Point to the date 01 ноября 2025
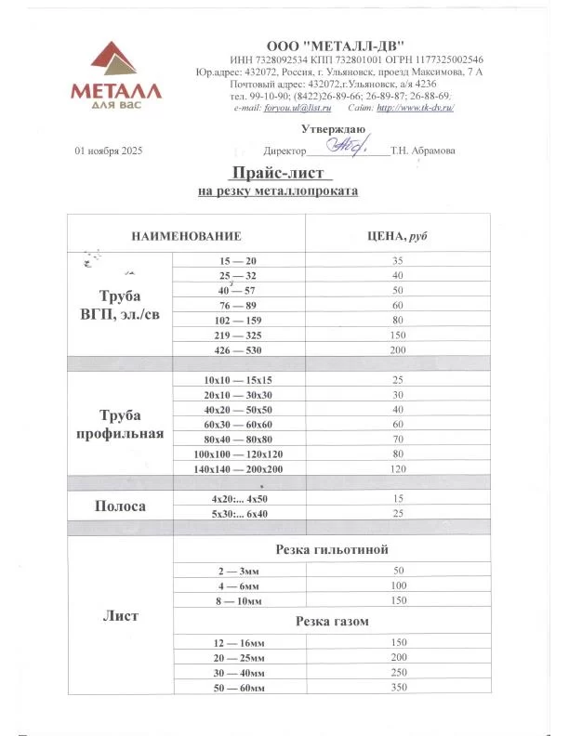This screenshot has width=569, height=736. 109,151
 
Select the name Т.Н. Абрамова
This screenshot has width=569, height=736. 423,151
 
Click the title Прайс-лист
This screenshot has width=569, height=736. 278,173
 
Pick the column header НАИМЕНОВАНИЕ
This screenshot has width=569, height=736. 186,237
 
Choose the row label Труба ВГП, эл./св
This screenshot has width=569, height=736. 120,306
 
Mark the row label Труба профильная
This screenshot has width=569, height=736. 120,425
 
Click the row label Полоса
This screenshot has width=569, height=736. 120,506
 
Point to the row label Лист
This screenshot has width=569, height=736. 120,614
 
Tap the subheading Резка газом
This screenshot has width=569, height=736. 333,621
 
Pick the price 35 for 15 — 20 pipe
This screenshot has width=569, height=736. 398,262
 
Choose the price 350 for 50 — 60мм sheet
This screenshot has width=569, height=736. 398,687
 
